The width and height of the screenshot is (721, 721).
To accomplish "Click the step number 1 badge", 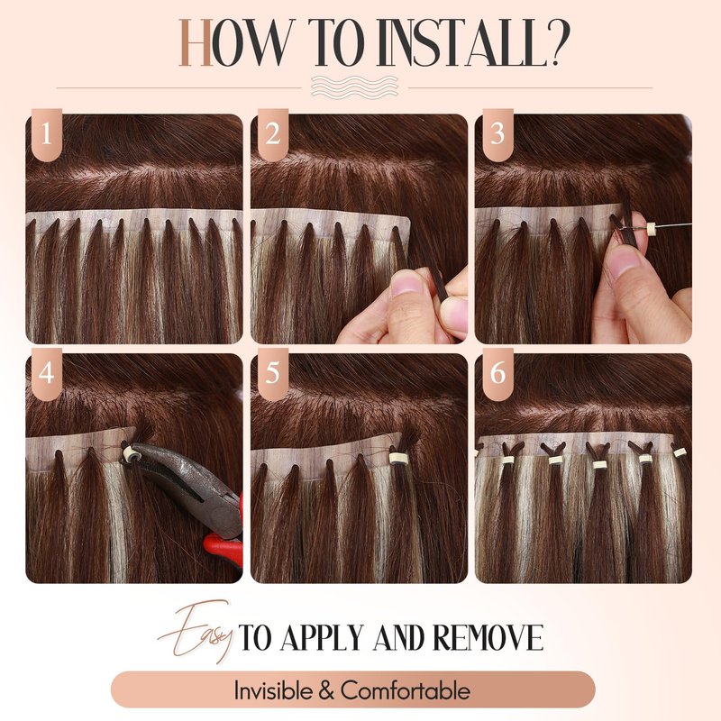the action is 47,134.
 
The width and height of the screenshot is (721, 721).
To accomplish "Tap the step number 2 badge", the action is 273,134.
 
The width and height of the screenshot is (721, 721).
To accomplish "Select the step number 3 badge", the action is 498,134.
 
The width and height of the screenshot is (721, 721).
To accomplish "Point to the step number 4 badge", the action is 47,374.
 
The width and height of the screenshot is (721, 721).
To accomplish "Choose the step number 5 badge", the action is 273,374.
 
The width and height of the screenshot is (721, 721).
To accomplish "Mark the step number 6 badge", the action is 498,374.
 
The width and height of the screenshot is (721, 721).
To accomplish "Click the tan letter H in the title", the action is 196,42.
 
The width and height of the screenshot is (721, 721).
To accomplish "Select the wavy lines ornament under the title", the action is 354,87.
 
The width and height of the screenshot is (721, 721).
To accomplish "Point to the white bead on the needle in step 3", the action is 651,227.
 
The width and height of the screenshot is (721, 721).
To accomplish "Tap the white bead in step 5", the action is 396,459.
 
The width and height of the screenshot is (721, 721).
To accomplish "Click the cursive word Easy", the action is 196,632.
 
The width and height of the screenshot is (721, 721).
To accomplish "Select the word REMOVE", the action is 488,638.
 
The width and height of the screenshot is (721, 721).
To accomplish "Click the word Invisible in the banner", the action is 273,690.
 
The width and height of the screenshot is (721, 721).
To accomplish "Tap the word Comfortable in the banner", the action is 406,690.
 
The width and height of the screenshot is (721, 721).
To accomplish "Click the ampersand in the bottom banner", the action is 326,690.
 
